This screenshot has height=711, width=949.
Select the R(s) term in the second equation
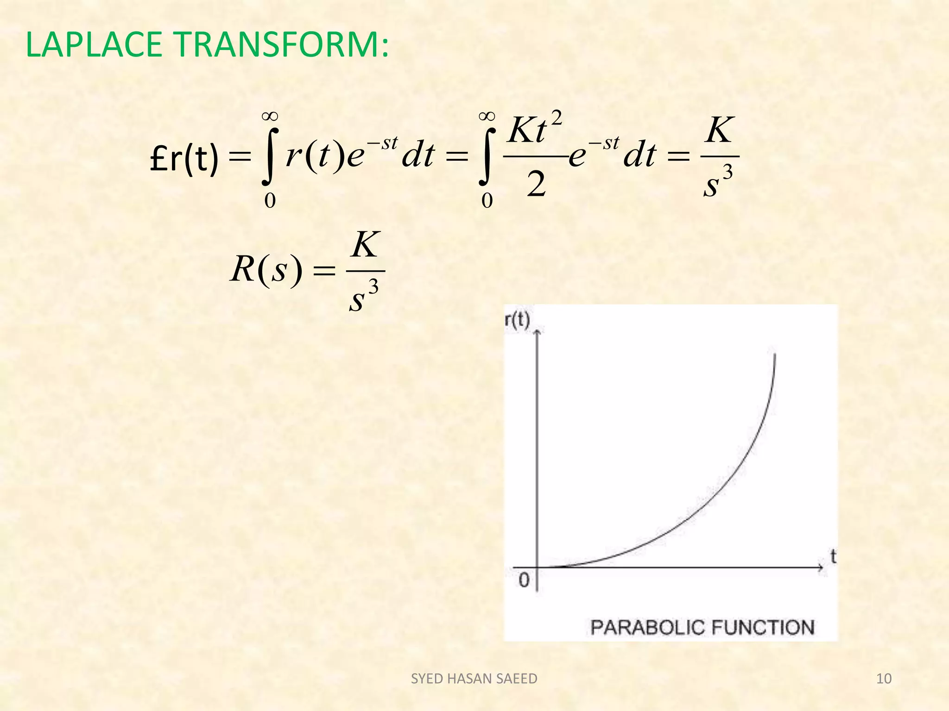(x=266, y=269)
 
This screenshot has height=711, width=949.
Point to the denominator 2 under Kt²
(x=536, y=184)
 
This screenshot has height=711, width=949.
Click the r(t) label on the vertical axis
(x=517, y=320)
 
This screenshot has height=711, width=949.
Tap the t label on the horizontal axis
(x=833, y=556)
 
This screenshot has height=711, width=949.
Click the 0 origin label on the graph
(x=524, y=580)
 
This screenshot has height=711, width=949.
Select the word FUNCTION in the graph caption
(x=763, y=628)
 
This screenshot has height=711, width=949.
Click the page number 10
(x=884, y=679)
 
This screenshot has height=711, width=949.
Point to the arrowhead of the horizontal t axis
(x=821, y=568)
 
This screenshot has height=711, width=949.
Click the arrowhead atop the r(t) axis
(x=538, y=331)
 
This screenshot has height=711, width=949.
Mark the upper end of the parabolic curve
(x=775, y=355)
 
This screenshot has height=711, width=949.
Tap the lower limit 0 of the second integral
(x=487, y=201)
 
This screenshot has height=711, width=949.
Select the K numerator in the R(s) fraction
(x=366, y=245)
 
